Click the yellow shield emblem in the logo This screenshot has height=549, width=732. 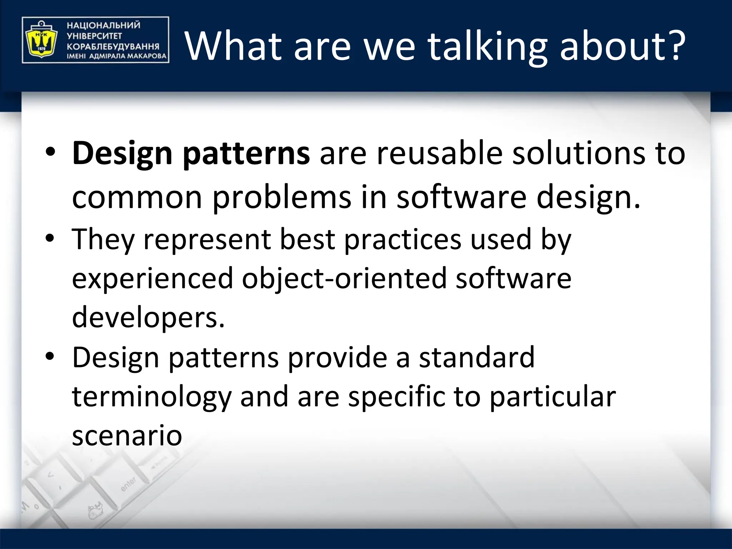click(x=40, y=40)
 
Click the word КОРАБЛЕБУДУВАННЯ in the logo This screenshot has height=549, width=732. click(x=113, y=46)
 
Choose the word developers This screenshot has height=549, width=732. click(x=148, y=318)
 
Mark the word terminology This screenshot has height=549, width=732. click(x=152, y=397)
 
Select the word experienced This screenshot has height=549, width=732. click(x=152, y=279)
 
